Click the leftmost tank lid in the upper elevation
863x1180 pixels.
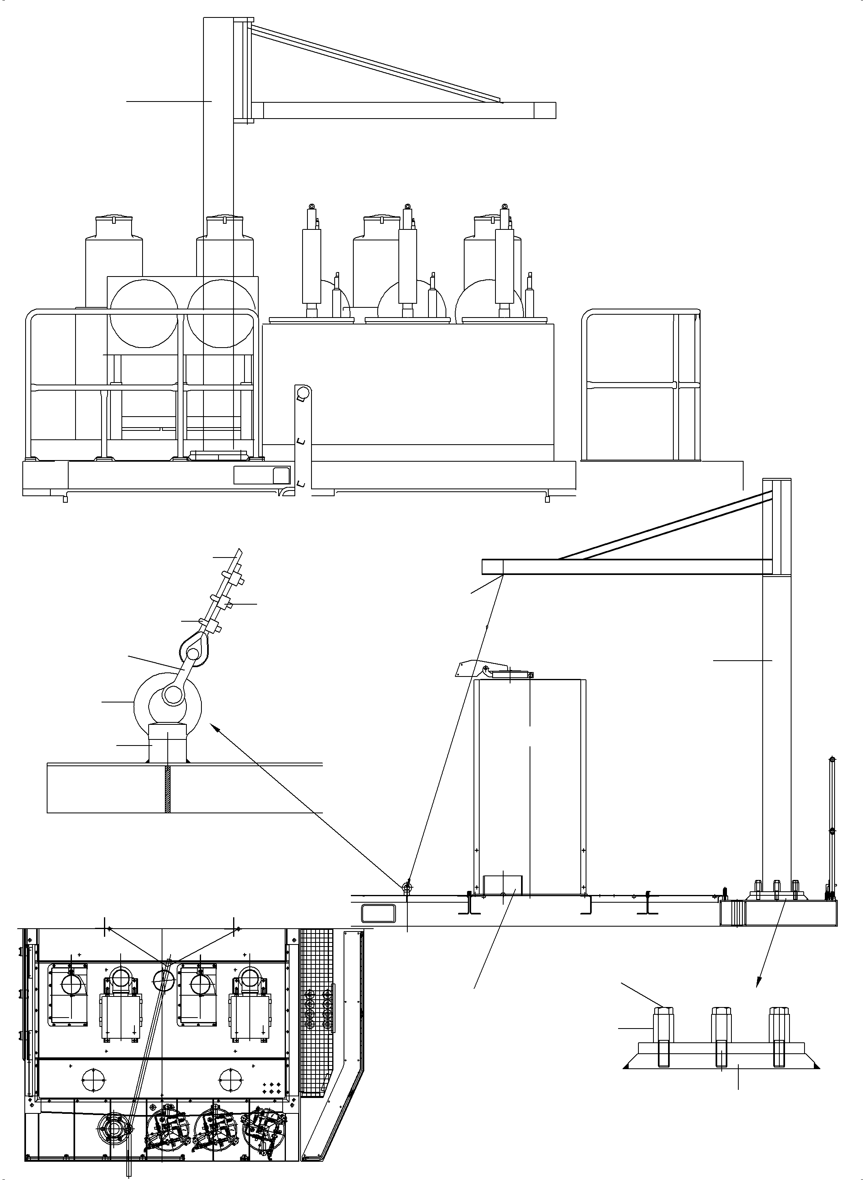113,218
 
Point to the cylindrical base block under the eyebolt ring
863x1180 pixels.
168,742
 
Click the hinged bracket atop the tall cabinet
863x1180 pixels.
470,669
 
